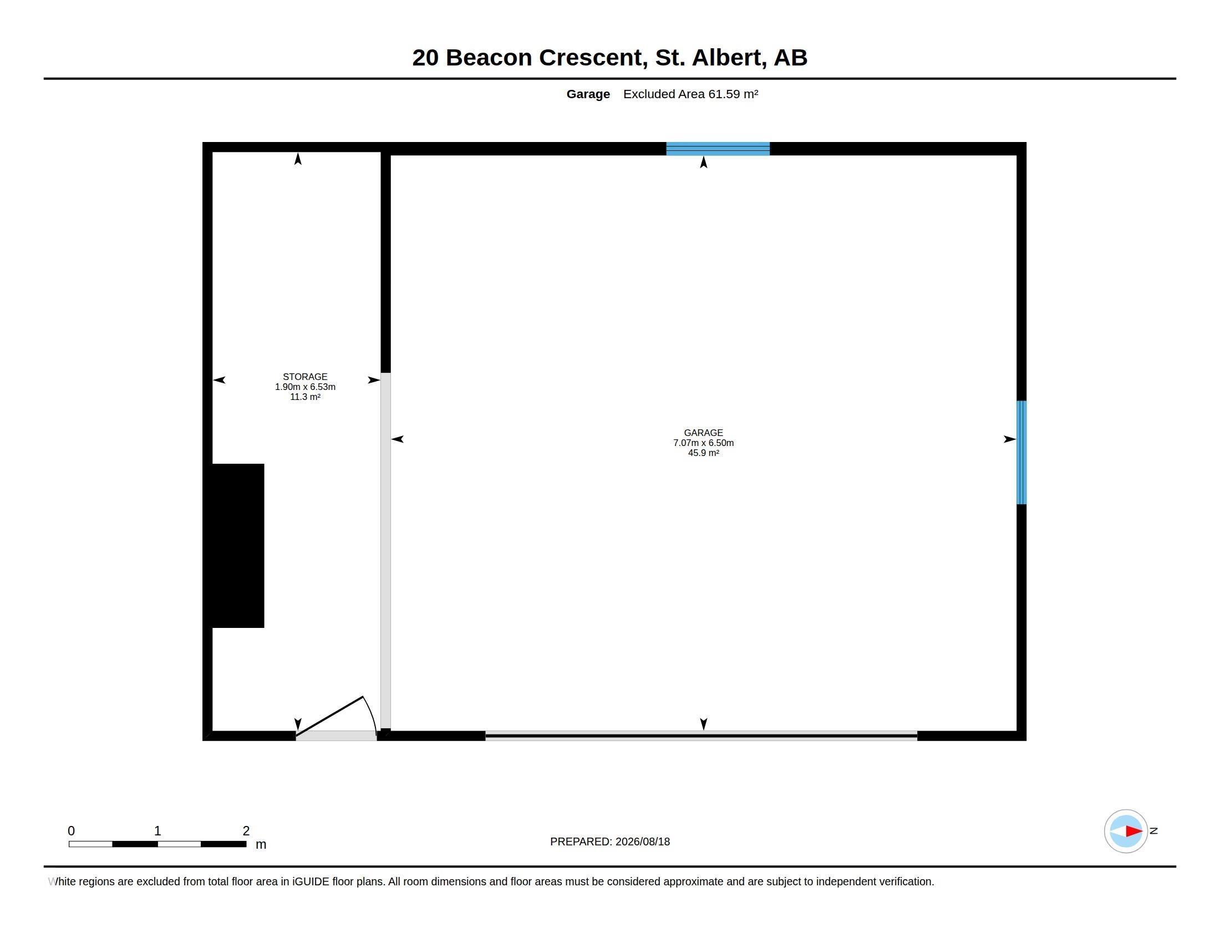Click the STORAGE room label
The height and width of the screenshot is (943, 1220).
coord(305,377)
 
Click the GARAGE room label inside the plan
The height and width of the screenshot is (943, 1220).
coord(703,433)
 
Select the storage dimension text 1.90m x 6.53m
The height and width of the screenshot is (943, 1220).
coord(305,387)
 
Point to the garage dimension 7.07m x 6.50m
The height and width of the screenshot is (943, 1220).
coord(703,443)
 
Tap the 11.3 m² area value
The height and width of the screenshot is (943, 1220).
coord(305,397)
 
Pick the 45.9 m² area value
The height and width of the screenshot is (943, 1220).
coord(703,453)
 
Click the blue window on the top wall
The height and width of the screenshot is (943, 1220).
coord(718,149)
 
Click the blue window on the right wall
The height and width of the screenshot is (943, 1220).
coord(1021,453)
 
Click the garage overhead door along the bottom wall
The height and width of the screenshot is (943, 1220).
coord(701,736)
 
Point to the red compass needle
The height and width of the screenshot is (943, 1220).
coord(1134,832)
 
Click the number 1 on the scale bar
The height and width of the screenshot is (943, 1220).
coord(157,831)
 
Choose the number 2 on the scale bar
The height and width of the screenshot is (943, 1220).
coord(246,831)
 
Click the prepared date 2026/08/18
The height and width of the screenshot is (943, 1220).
coord(642,841)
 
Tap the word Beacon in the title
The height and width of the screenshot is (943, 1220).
coord(489,58)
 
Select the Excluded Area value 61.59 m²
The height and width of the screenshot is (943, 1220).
coord(733,94)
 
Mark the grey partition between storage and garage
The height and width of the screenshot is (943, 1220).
coord(385,551)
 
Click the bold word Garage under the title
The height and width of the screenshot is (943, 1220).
coord(588,94)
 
